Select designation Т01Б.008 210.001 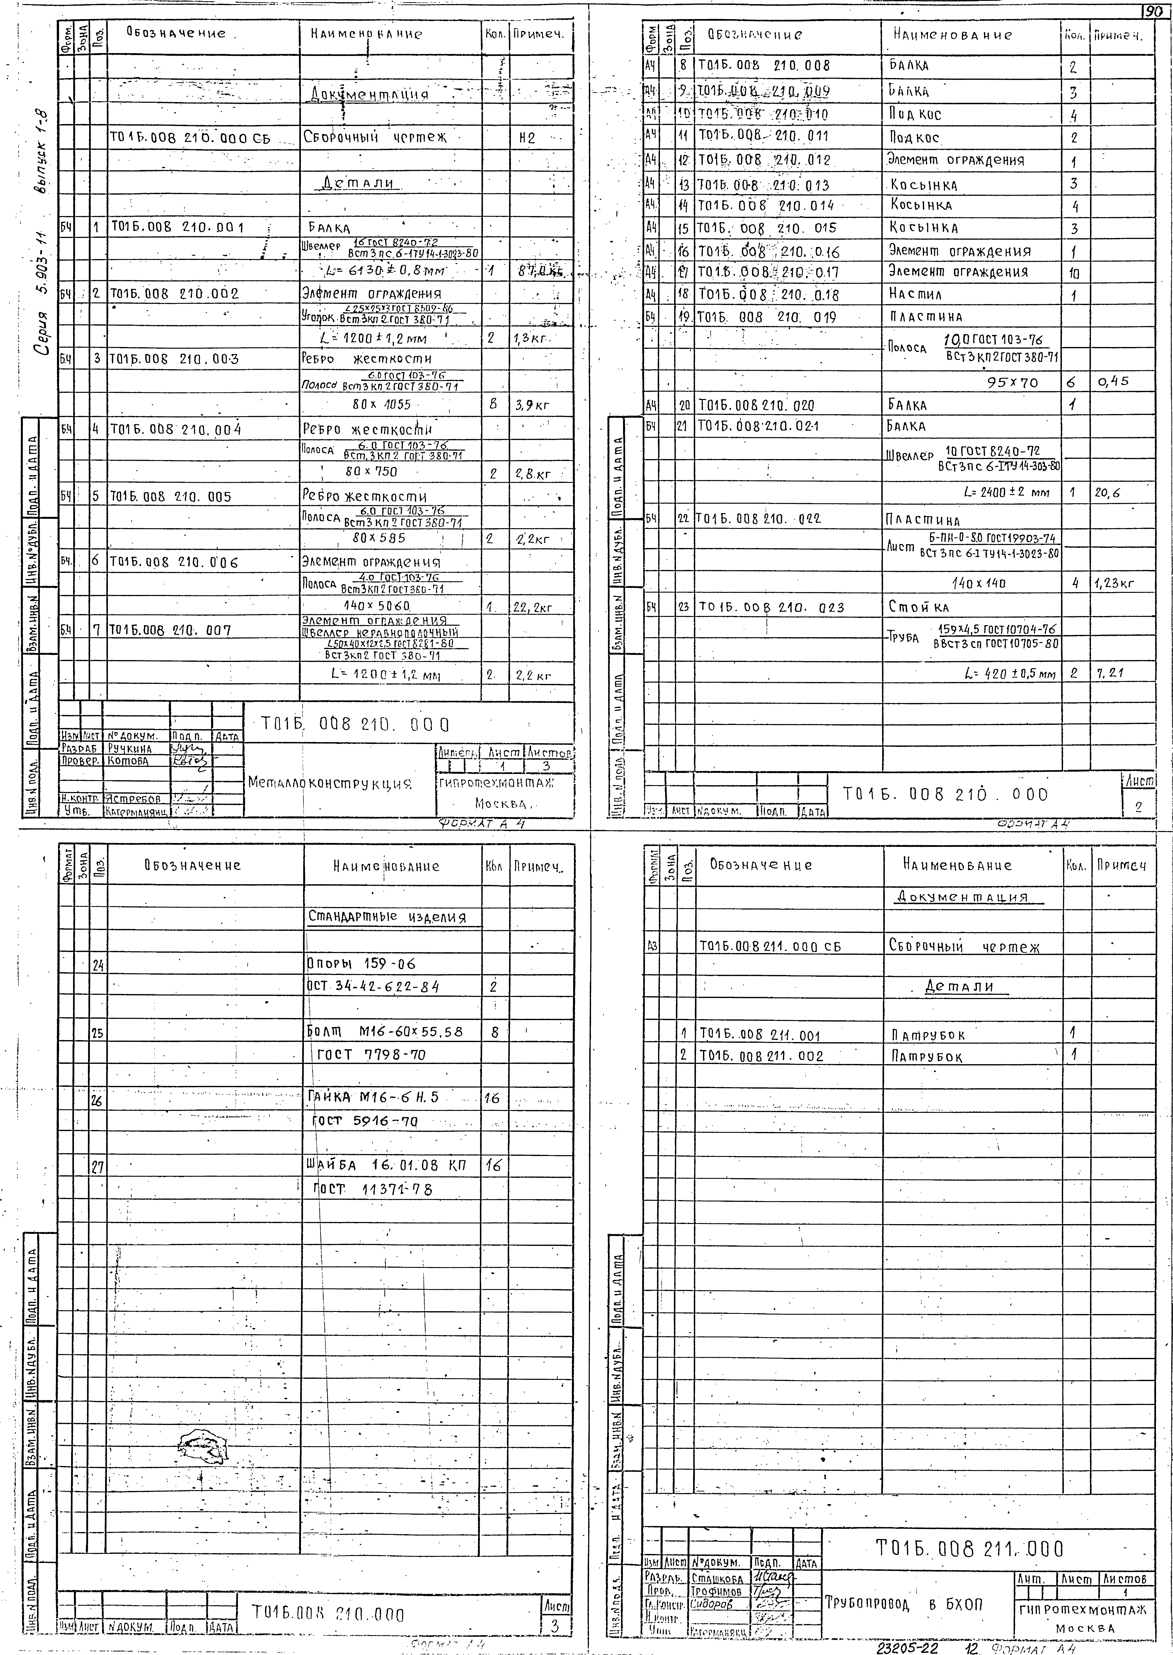(177, 228)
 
